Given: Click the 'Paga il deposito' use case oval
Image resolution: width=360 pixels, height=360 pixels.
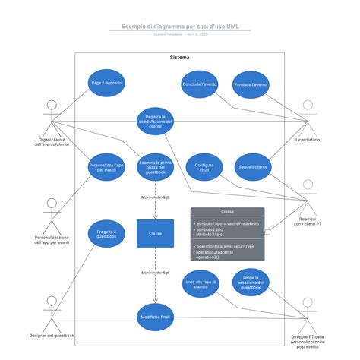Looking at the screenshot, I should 106,83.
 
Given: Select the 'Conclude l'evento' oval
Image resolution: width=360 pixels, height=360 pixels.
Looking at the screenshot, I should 200,84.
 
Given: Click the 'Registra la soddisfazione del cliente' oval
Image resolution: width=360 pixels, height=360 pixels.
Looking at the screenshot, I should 155,122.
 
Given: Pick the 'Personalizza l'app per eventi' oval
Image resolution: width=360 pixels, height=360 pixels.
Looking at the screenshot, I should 106,166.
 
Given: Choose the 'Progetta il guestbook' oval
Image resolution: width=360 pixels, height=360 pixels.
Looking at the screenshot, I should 106,235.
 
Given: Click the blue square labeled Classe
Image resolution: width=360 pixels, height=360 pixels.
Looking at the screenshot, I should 155,234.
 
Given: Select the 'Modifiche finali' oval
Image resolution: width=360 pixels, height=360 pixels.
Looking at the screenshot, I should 155,316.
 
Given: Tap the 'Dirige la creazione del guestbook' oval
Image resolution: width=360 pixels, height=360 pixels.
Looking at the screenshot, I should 251,282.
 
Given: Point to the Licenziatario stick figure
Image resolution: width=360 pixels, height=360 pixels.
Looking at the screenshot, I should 308,115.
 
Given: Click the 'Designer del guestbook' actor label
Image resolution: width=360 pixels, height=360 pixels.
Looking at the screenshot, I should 52,335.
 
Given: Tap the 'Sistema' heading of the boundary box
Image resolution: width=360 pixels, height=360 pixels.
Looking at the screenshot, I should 180,58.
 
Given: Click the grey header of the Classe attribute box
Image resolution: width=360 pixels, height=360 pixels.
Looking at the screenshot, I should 228,212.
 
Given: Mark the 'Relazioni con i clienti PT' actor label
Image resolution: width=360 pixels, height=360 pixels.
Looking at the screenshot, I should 308,221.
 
